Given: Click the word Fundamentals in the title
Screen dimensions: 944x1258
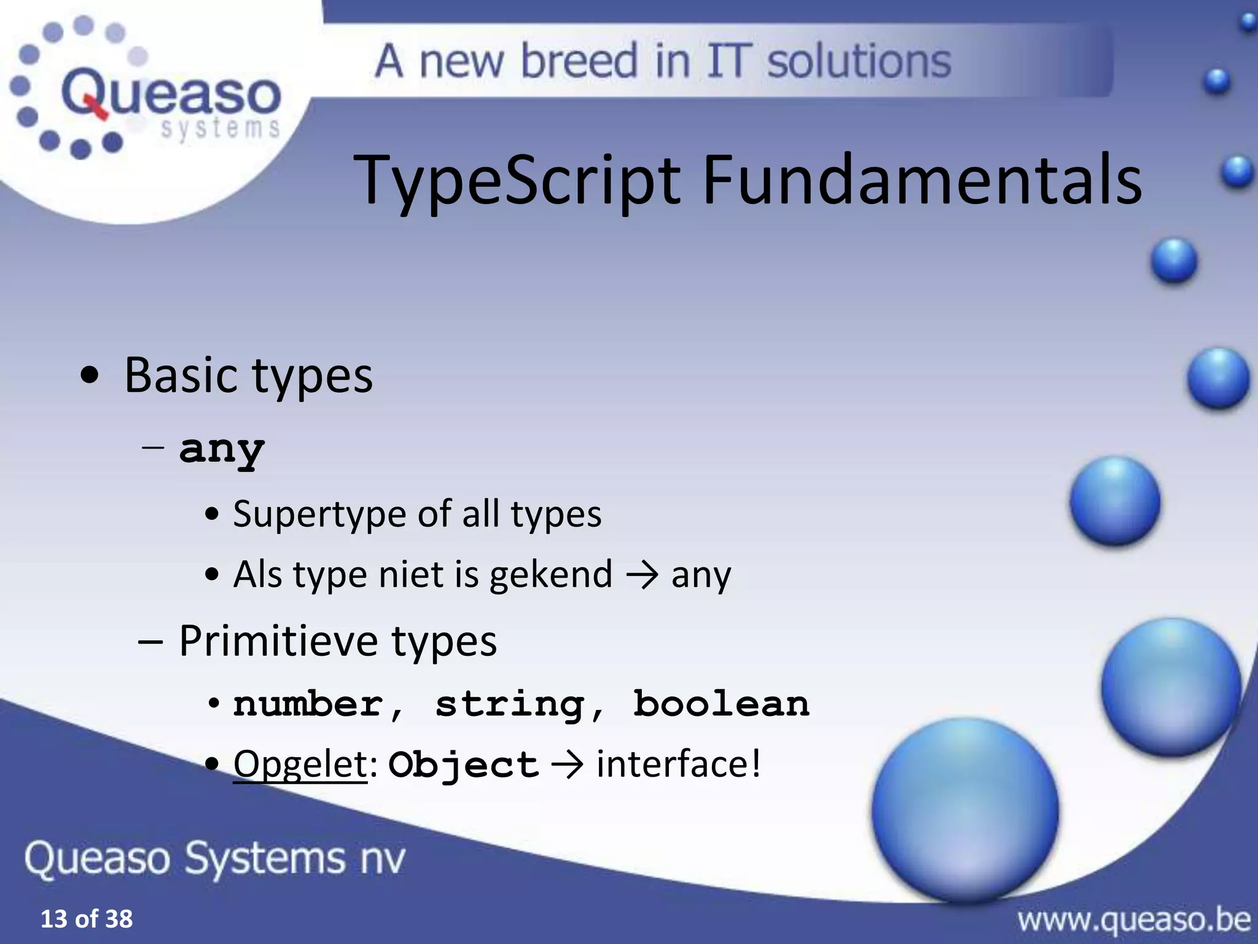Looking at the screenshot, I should click(x=921, y=180).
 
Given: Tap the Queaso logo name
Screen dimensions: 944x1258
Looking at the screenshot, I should click(x=171, y=94).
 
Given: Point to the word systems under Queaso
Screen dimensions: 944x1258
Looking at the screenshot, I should click(x=220, y=128).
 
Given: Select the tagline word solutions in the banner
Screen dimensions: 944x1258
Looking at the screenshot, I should click(x=859, y=61).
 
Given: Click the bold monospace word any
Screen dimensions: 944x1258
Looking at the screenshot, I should click(x=222, y=449).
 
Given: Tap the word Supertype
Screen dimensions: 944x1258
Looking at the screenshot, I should click(x=319, y=514).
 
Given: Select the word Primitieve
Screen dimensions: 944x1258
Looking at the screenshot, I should click(x=278, y=641).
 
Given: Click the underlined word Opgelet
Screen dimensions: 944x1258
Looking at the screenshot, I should click(x=300, y=764).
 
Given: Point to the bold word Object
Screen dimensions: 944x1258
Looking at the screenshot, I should click(x=463, y=765).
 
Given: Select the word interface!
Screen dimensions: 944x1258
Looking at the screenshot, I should click(x=678, y=764).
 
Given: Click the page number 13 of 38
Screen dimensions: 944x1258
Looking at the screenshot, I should click(x=86, y=919).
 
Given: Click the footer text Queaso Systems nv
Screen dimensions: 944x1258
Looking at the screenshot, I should click(x=215, y=858).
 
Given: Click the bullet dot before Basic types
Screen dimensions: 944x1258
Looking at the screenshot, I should click(x=90, y=376).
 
